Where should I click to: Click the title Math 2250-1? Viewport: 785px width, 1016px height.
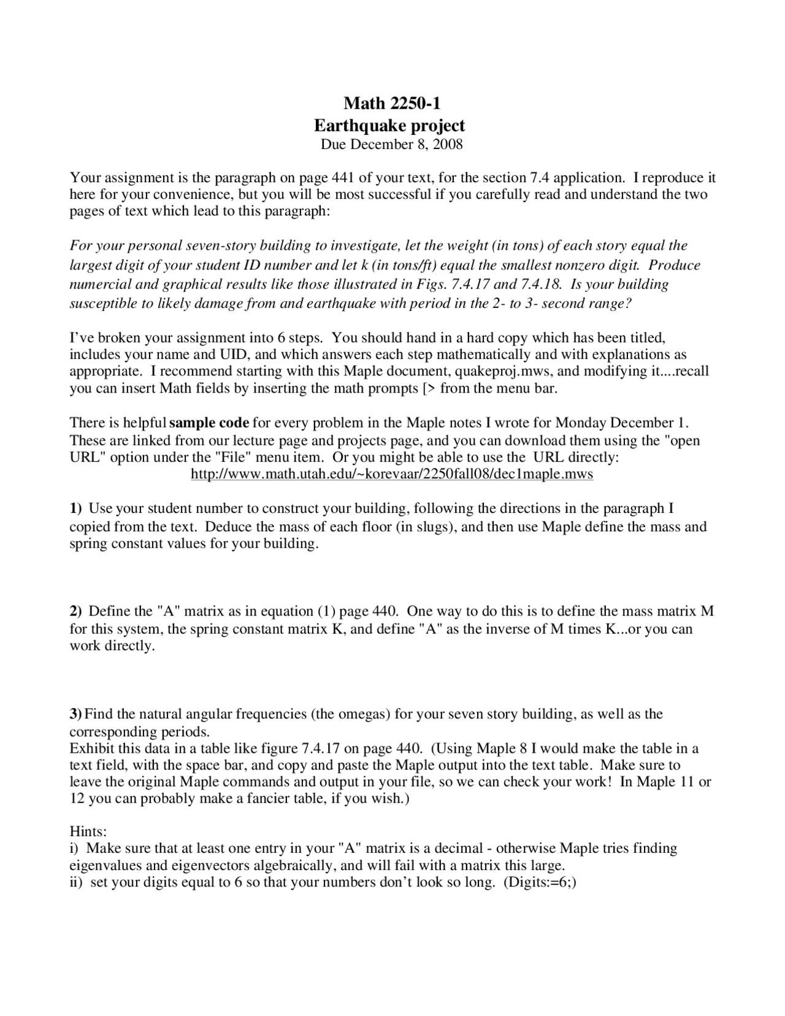[x=391, y=103]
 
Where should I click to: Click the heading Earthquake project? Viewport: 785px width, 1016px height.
[x=389, y=126]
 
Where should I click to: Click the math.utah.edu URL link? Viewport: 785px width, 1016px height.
[x=392, y=474]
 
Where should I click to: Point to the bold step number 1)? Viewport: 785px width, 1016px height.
[x=75, y=509]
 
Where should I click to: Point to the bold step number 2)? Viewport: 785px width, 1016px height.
[x=75, y=611]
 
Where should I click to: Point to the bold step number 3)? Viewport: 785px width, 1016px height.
[x=75, y=714]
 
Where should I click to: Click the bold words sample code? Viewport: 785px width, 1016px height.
[x=209, y=423]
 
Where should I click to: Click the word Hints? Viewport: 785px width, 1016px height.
[x=88, y=832]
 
